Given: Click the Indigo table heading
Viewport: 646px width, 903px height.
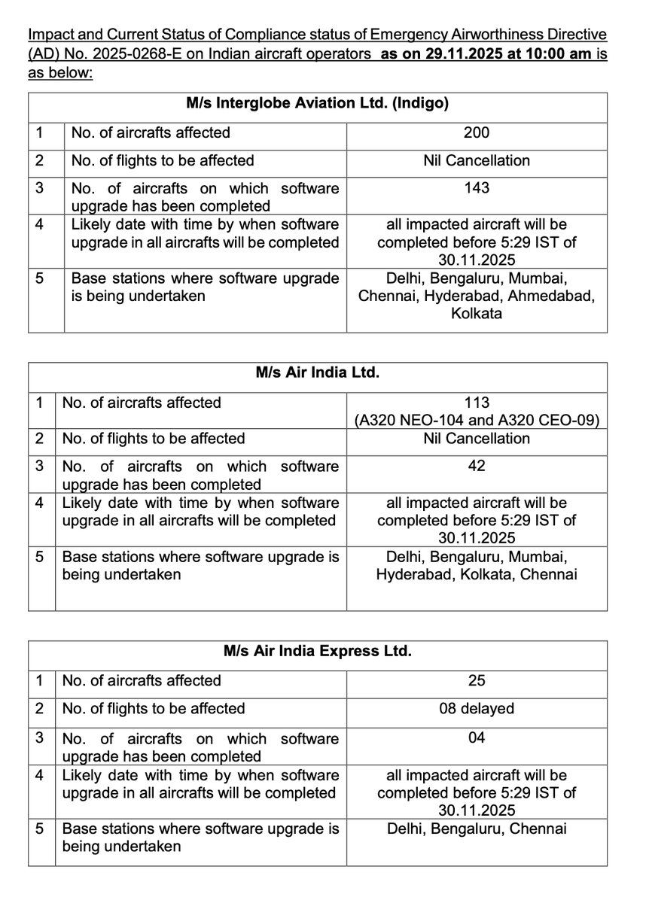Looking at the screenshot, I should pos(317,104).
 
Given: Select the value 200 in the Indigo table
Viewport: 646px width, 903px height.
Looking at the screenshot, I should pos(477,132).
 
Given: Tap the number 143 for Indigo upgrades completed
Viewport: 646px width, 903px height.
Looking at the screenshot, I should pos(477,187).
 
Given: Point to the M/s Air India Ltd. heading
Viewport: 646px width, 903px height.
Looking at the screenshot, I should pos(317,372).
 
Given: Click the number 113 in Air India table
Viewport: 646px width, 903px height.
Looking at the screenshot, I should pos(477,403).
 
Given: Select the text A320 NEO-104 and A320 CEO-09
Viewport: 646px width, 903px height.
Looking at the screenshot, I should pos(477,421).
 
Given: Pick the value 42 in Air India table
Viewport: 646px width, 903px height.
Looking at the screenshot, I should pos(477,466).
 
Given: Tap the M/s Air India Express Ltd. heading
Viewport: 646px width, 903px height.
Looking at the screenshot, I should pos(317,651).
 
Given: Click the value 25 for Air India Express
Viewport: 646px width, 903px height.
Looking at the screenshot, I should pos(477,681).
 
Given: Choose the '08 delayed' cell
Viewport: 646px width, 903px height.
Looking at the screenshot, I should pos(477,709).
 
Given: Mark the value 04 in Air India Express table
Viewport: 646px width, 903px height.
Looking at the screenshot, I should pos(477,738).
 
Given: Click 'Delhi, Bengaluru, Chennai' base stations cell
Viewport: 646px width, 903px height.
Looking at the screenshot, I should pos(477,829).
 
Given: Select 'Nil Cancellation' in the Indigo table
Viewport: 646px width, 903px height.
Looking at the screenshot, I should pos(477,160).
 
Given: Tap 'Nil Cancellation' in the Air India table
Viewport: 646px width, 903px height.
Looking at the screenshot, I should pos(477,439).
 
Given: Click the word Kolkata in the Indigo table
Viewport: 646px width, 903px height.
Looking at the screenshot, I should pos(477,314).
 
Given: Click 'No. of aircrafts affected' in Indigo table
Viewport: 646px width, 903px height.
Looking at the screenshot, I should pos(151,132).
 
